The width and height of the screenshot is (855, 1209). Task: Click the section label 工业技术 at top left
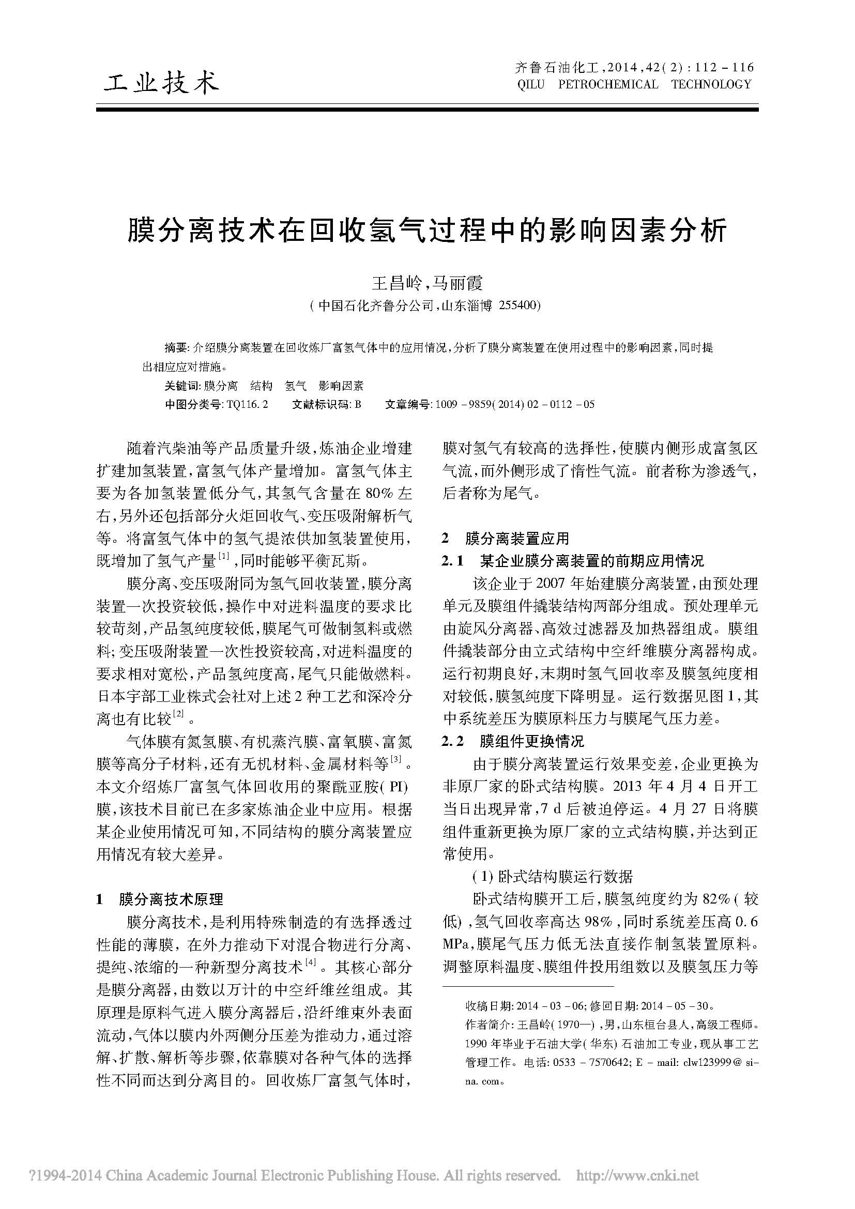click(x=161, y=83)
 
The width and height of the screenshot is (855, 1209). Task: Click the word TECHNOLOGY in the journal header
click(x=711, y=84)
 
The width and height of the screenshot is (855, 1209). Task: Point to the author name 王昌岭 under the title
click(x=397, y=283)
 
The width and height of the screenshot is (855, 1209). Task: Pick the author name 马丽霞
click(x=456, y=283)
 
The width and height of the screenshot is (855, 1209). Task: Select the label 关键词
click(x=182, y=386)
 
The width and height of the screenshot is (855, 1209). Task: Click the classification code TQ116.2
click(x=247, y=404)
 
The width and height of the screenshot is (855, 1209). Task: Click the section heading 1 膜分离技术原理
click(x=160, y=898)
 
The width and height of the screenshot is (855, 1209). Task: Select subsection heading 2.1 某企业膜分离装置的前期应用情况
click(x=573, y=561)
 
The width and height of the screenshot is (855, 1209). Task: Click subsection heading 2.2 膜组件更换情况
click(x=513, y=741)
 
